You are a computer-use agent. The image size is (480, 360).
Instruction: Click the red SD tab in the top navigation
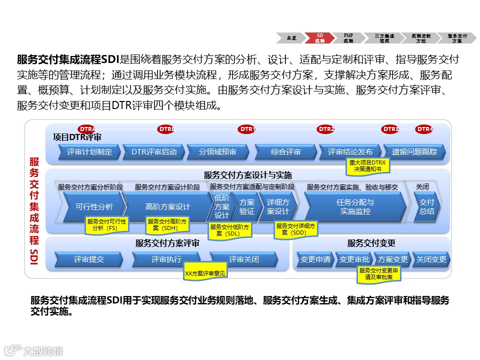320,38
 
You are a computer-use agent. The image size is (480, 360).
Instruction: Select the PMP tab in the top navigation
348,38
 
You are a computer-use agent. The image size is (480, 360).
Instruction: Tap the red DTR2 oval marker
326,129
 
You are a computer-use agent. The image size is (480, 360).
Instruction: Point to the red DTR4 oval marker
424,129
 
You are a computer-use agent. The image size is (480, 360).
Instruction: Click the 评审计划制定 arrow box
89,152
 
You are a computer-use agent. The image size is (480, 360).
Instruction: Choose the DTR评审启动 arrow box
153,152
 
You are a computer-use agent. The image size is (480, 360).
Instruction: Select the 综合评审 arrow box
285,152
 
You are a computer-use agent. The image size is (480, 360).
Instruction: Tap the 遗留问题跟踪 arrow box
414,152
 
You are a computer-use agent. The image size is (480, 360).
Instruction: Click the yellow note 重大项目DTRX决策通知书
367,165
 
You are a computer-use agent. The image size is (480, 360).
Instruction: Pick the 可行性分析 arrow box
93,206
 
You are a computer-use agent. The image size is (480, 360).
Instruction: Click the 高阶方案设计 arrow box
167,206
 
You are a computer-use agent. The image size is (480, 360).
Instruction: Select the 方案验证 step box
246,206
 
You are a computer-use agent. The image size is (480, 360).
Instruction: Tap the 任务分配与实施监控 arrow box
355,206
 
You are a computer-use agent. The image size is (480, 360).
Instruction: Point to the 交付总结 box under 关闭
426,206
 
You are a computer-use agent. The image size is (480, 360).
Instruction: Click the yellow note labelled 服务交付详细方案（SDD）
296,229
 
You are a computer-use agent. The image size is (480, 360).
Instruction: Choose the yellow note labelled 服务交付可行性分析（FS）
107,224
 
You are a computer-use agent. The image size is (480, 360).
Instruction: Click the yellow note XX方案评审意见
205,273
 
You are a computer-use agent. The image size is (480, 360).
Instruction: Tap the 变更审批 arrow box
354,259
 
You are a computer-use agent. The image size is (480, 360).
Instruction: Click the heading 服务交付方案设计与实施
247,175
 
